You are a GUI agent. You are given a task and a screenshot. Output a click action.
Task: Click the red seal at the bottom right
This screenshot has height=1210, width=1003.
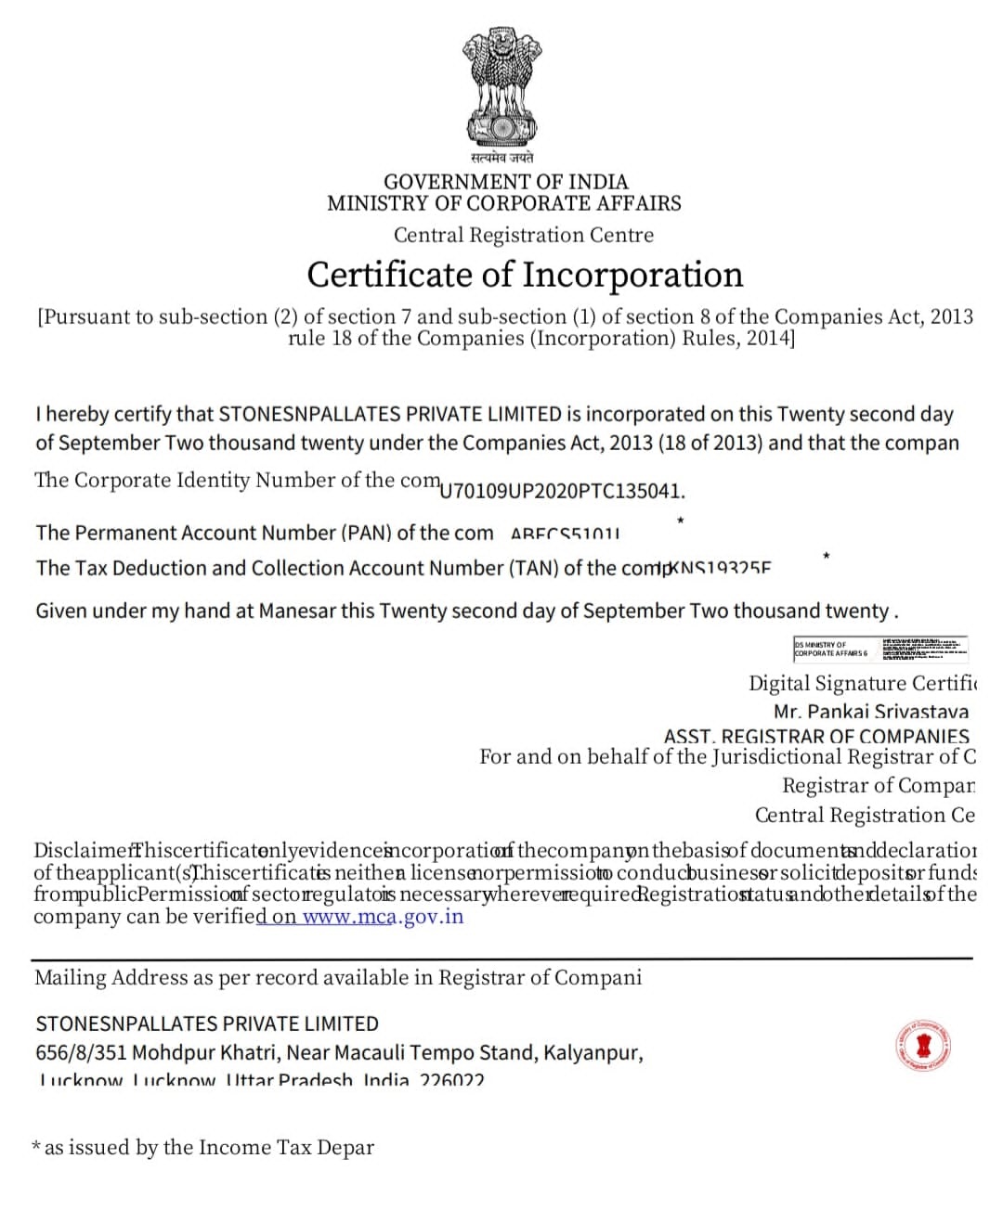pos(924,1046)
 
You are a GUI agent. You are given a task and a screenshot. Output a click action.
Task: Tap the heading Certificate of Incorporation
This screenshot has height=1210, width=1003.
pos(525,275)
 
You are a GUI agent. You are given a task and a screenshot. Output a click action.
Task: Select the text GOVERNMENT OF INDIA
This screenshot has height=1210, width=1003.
pos(505,182)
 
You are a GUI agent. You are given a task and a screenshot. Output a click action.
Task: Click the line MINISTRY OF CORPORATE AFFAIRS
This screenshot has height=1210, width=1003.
pos(503,203)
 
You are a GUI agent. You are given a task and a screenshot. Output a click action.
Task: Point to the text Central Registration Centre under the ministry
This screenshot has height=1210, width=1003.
pos(523,235)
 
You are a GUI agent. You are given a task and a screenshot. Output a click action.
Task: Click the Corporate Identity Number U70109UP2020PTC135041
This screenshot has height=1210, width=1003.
pos(562,491)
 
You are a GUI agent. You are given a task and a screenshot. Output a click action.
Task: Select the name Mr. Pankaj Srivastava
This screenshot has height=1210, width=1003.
pos(870,712)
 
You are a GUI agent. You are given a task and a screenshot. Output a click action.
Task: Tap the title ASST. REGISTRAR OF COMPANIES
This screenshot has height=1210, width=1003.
pos(815,736)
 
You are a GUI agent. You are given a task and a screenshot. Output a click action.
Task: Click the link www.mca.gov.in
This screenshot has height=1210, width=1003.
pos(383,917)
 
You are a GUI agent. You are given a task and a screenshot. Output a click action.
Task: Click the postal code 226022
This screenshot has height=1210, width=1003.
pos(451,1080)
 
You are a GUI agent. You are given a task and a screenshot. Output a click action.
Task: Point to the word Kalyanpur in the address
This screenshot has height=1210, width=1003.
pos(591,1052)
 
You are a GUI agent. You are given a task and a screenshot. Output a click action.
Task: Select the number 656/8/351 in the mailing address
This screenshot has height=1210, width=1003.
pos(81,1052)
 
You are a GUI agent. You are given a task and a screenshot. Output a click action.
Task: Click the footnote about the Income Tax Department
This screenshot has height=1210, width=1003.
pos(202,1148)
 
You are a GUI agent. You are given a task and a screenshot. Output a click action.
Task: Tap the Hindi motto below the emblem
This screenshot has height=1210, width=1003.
pos(501,158)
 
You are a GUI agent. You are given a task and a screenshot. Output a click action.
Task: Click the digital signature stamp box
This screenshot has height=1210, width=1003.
pos(880,648)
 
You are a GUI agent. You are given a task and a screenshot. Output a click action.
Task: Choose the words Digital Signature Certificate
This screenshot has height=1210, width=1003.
pos(862,683)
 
